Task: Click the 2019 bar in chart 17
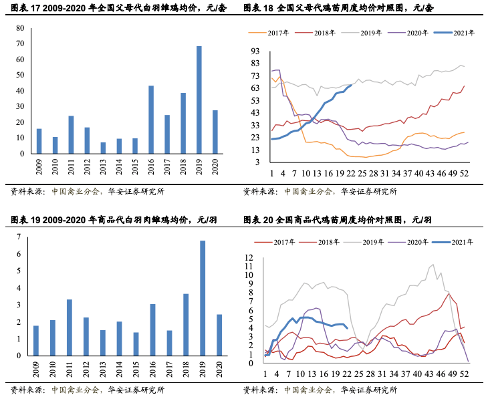tap(199, 100)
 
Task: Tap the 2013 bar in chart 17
tap(103, 148)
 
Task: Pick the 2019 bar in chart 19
tap(202, 302)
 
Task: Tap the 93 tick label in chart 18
tap(255, 51)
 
